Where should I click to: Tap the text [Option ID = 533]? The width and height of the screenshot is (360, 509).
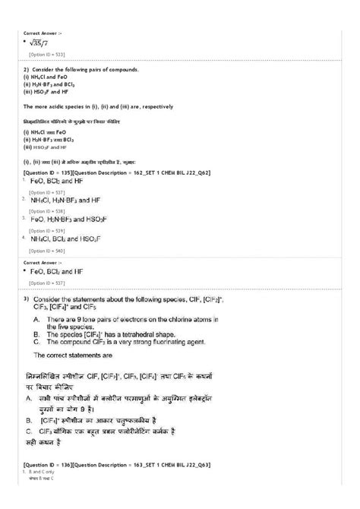tap(46, 55)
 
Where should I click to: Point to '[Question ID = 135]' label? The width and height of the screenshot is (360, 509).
tap(53, 172)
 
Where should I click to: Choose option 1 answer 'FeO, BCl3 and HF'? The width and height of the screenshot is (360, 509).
tap(58, 182)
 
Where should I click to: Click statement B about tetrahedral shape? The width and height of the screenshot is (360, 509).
tap(122, 332)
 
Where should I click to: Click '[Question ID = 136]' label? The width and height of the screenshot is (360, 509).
tap(53, 464)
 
